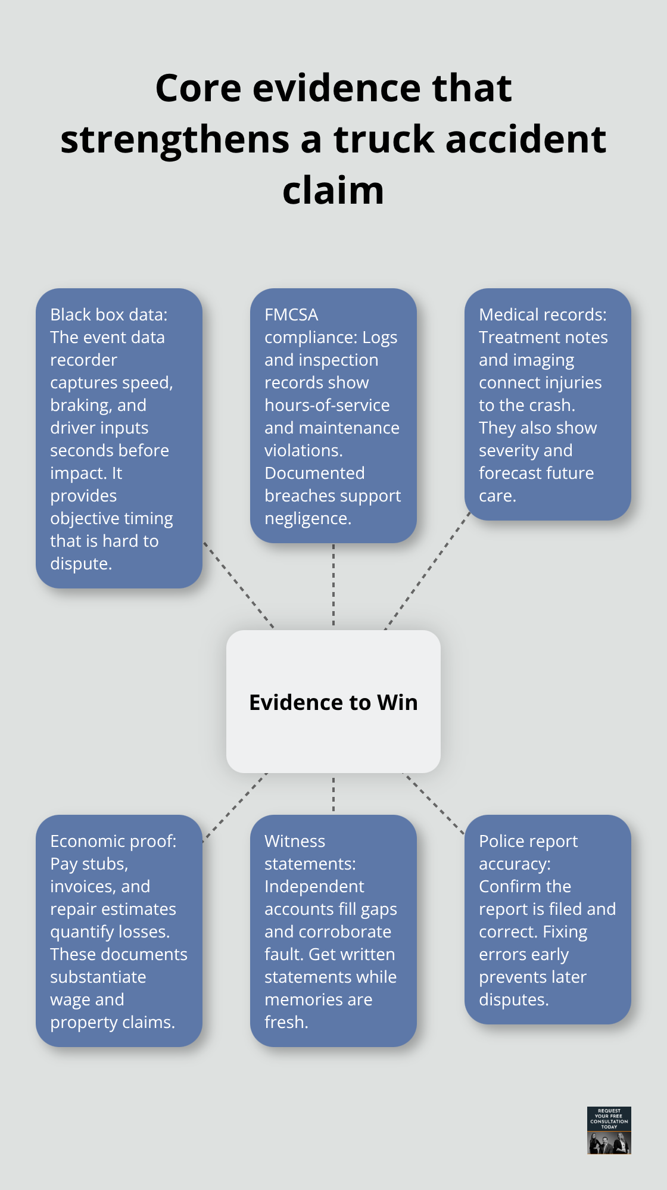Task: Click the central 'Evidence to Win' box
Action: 333,702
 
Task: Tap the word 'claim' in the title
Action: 333,191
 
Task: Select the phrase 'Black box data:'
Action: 108,314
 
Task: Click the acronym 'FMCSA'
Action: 291,314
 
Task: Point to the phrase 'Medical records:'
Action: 543,314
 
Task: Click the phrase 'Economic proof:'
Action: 113,841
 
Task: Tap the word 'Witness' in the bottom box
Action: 295,841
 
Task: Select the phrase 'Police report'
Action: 528,841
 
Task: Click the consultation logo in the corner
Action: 609,1130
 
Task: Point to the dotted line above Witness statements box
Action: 333,794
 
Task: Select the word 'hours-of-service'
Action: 327,405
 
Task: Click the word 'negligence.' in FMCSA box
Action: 308,518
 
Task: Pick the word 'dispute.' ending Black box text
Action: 81,563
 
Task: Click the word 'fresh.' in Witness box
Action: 286,1022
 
